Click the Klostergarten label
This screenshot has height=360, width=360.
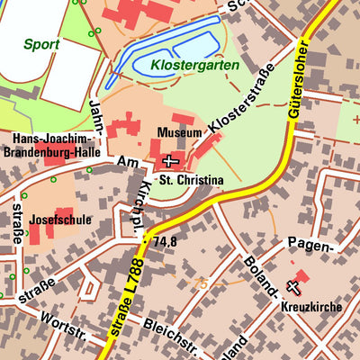194,66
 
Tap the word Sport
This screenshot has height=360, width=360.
41,43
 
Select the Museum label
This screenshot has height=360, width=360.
178,132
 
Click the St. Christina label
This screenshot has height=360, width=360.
190,180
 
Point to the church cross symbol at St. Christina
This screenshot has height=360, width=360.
170,161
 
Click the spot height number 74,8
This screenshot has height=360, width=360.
165,242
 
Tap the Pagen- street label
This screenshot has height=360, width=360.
310,244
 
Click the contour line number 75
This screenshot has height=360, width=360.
201,283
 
